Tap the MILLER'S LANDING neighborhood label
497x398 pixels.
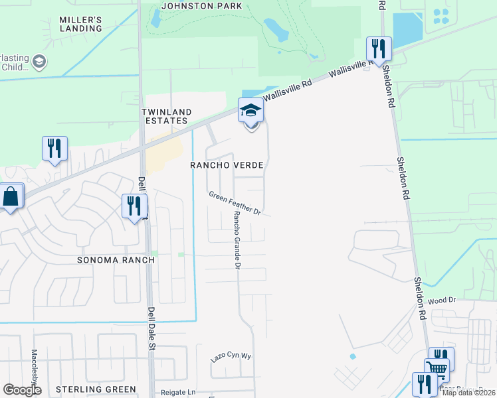(80, 25)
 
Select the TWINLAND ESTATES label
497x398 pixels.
(166, 116)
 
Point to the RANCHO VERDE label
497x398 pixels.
(227, 165)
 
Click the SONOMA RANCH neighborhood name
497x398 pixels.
(116, 260)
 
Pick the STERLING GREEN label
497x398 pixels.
(96, 389)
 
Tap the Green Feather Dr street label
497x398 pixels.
(235, 203)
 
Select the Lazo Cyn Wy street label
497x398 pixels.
(231, 356)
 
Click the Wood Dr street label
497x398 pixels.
(443, 300)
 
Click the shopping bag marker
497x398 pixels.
(11, 196)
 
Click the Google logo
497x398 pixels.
(22, 390)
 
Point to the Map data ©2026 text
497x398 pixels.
(468, 393)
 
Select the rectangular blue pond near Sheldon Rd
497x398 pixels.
(407, 30)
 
